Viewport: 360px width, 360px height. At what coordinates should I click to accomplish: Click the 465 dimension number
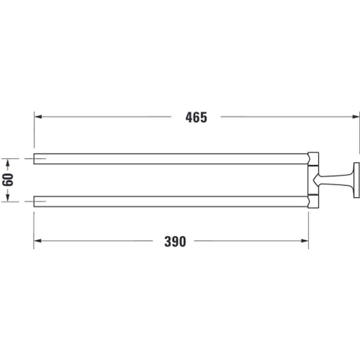pyautogui.click(x=196, y=117)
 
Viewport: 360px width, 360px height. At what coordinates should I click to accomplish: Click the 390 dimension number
pyautogui.click(x=175, y=241)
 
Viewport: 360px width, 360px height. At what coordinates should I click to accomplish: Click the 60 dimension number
pyautogui.click(x=7, y=179)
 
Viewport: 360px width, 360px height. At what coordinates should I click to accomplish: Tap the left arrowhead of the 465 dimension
pyautogui.click(x=37, y=117)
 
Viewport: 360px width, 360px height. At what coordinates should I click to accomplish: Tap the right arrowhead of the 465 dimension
pyautogui.click(x=355, y=117)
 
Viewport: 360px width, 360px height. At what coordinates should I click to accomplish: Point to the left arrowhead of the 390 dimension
pyautogui.click(x=37, y=241)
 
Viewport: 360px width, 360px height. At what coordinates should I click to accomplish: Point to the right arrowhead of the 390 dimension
pyautogui.click(x=304, y=241)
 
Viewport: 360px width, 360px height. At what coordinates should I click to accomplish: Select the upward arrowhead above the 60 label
pyautogui.click(x=7, y=163)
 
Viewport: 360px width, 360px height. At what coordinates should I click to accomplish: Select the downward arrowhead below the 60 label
pyautogui.click(x=7, y=197)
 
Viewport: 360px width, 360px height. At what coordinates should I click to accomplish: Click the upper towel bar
pyautogui.click(x=171, y=159)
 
